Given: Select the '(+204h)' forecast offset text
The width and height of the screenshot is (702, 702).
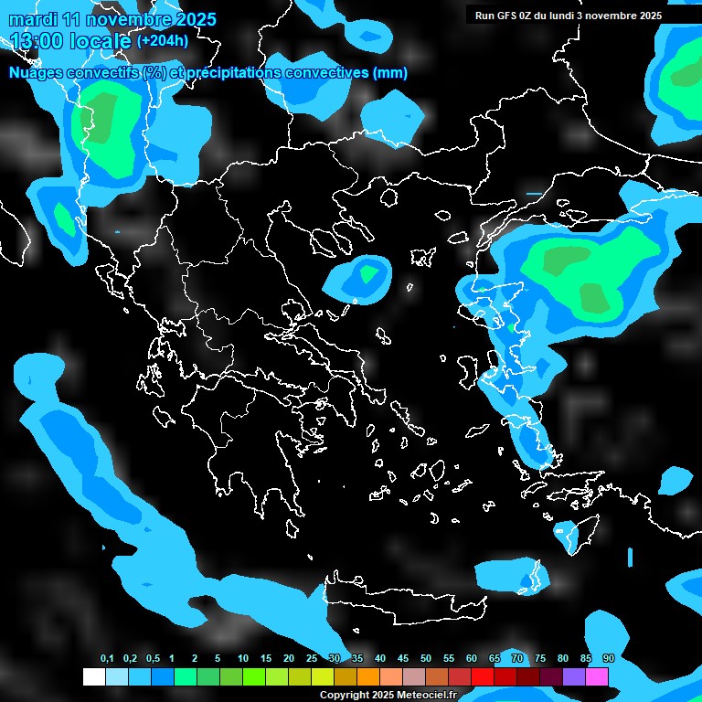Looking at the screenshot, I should point(163,40).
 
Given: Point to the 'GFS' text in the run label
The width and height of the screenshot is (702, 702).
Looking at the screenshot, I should point(515,15).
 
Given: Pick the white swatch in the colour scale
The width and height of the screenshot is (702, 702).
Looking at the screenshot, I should point(93,677).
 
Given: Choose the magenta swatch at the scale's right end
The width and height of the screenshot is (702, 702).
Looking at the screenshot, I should point(597,677).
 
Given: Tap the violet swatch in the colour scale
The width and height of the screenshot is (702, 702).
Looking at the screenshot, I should point(574,677).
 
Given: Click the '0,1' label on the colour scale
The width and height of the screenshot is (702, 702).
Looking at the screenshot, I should point(107,659).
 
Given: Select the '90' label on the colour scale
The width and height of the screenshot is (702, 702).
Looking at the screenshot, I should point(608,659).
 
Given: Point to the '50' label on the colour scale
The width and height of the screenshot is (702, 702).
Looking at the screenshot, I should point(425,659).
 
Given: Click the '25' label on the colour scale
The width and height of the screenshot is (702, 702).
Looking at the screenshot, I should point(311,659).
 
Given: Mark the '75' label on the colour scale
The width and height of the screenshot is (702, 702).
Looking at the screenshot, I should point(539,659).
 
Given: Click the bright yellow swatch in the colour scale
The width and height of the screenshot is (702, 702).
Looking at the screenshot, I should point(322,677).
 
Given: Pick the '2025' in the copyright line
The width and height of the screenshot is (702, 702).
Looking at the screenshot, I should point(383,696).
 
